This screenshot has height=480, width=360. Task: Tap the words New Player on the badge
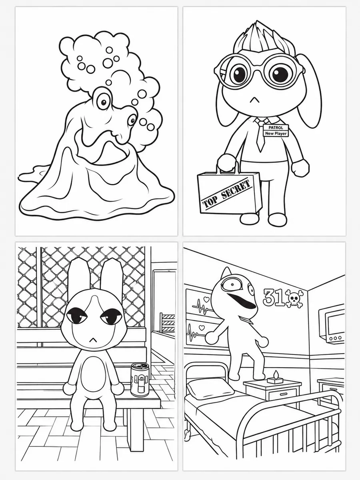276,133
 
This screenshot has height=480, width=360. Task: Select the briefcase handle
228,167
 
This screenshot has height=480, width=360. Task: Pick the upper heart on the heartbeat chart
206,298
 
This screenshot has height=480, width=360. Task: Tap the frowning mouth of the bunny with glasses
254,100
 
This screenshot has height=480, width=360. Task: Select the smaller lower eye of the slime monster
132,120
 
